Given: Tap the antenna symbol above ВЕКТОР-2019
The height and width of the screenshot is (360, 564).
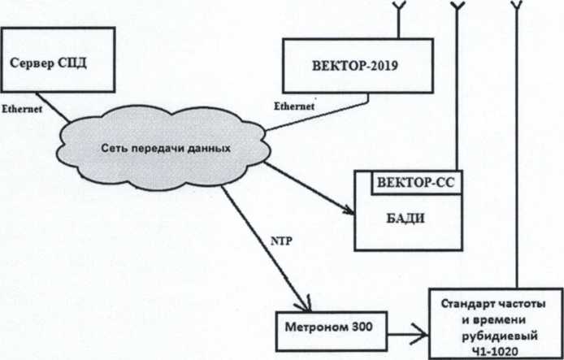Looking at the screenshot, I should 399,9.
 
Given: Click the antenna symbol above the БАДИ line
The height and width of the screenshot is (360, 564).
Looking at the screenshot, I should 457,8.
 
